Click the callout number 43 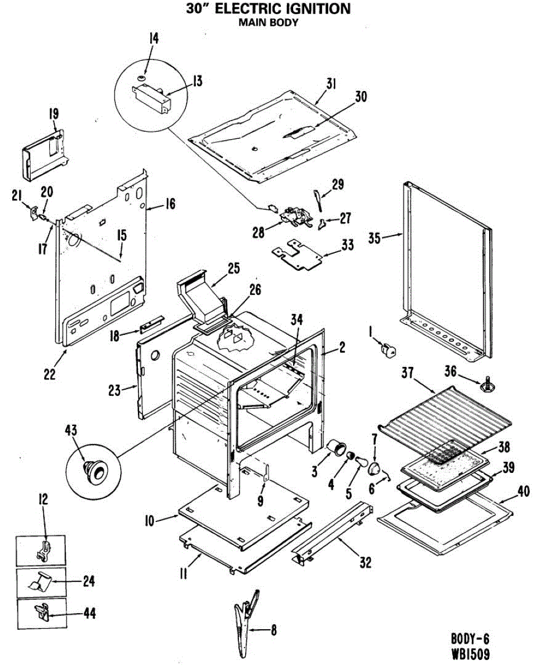coord(71,430)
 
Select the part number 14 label coord(154,39)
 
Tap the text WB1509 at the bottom coord(471,654)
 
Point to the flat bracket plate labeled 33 coord(299,254)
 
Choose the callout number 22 coord(50,375)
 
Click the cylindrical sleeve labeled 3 coord(336,448)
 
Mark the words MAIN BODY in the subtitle coord(268,23)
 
